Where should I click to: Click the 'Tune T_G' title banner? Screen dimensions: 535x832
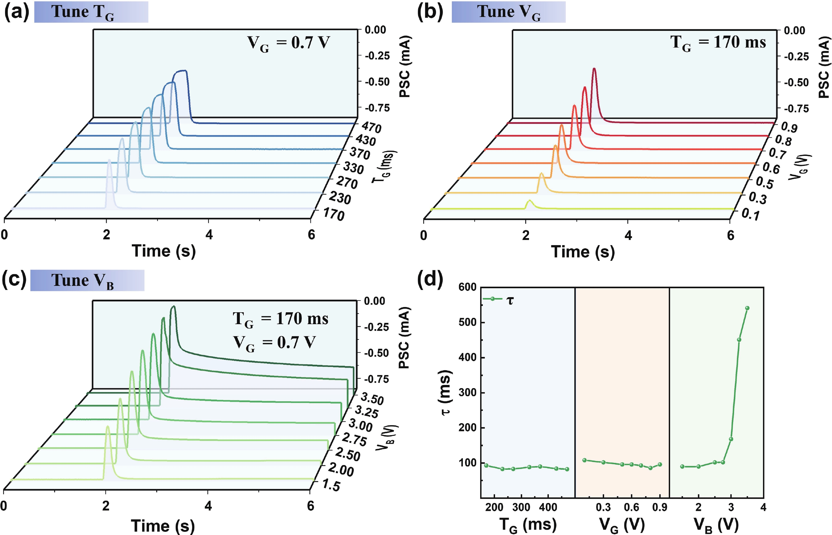(91, 12)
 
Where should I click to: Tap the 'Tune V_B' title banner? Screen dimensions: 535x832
(87, 280)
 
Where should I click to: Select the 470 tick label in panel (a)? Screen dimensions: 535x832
(371, 128)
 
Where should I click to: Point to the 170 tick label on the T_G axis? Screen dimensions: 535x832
(333, 215)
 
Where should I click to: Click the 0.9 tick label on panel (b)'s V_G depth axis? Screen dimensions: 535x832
(789, 128)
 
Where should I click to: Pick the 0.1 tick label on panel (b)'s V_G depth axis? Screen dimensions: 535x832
(750, 215)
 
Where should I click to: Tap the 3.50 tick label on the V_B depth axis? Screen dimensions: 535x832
(372, 399)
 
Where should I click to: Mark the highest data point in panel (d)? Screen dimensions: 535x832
(747, 308)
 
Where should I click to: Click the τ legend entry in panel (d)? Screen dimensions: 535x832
(499, 299)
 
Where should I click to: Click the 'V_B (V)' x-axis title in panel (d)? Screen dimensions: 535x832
(716, 525)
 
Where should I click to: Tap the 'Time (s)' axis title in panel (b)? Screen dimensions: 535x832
(583, 252)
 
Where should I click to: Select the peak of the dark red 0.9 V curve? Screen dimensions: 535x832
(594, 69)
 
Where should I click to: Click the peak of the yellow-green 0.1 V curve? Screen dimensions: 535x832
(530, 201)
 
